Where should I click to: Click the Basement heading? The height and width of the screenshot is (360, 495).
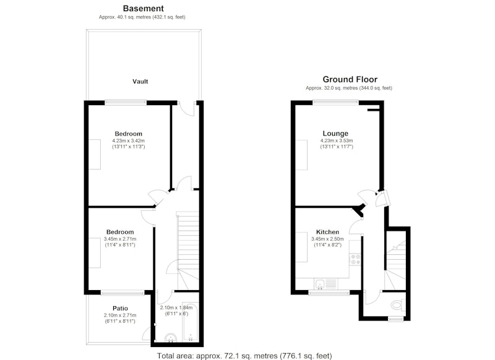click(x=144, y=9)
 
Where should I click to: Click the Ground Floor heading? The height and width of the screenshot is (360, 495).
click(x=350, y=79)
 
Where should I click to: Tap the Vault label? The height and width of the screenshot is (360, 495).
click(x=140, y=82)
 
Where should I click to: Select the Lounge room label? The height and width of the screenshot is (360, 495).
click(x=335, y=134)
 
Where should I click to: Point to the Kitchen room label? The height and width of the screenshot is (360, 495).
click(x=327, y=232)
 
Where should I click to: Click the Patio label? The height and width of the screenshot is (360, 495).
click(x=120, y=308)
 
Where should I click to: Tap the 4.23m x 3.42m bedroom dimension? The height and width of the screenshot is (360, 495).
click(x=128, y=140)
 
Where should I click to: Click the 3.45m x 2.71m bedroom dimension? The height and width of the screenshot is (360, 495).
click(x=120, y=239)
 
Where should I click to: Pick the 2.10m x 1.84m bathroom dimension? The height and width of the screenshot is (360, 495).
click(x=176, y=308)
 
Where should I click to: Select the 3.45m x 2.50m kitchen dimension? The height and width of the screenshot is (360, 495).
click(x=327, y=239)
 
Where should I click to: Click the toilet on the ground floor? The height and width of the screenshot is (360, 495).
click(x=397, y=304)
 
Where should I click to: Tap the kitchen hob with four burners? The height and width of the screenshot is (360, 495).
click(x=355, y=259)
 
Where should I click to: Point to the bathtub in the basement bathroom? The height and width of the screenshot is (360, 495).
click(x=190, y=322)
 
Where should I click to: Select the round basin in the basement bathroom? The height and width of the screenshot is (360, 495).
click(x=171, y=338)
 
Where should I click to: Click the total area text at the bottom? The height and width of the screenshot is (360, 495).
click(x=244, y=356)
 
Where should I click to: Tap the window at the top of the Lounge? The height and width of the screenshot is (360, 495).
click(x=336, y=102)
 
